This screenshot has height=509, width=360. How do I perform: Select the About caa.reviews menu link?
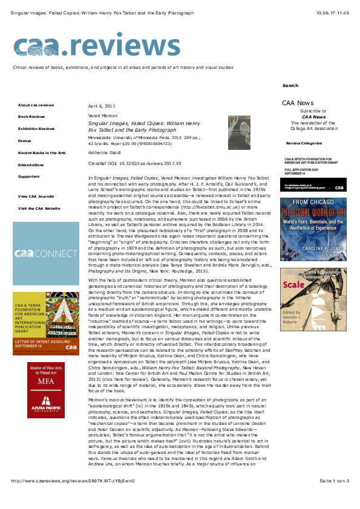pyautogui.click(x=36, y=105)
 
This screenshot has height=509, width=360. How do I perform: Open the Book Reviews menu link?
pyautogui.click(x=31, y=116)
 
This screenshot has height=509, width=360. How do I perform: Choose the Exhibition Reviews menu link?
pyautogui.click(x=36, y=128)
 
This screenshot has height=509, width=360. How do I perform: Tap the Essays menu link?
pyautogui.click(x=24, y=140)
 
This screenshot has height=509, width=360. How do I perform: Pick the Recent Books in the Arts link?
pyautogui.click(x=42, y=153)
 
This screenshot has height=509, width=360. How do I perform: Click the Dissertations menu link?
pyautogui.click(x=31, y=164)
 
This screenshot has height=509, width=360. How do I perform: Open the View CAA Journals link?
pyautogui.click(x=36, y=196)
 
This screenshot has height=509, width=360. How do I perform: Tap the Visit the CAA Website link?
pyautogui.click(x=39, y=208)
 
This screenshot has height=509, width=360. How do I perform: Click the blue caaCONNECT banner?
pyautogui.click(x=46, y=254)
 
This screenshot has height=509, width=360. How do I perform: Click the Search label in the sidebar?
pyautogui.click(x=290, y=86)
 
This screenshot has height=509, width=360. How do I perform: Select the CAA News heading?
pyautogui.click(x=298, y=103)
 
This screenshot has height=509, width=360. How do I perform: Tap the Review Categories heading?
pyautogui.click(x=304, y=143)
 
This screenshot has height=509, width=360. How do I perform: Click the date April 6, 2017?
pyautogui.click(x=102, y=105)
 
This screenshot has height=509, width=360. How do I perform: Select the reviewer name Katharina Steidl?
pyautogui.click(x=106, y=153)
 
